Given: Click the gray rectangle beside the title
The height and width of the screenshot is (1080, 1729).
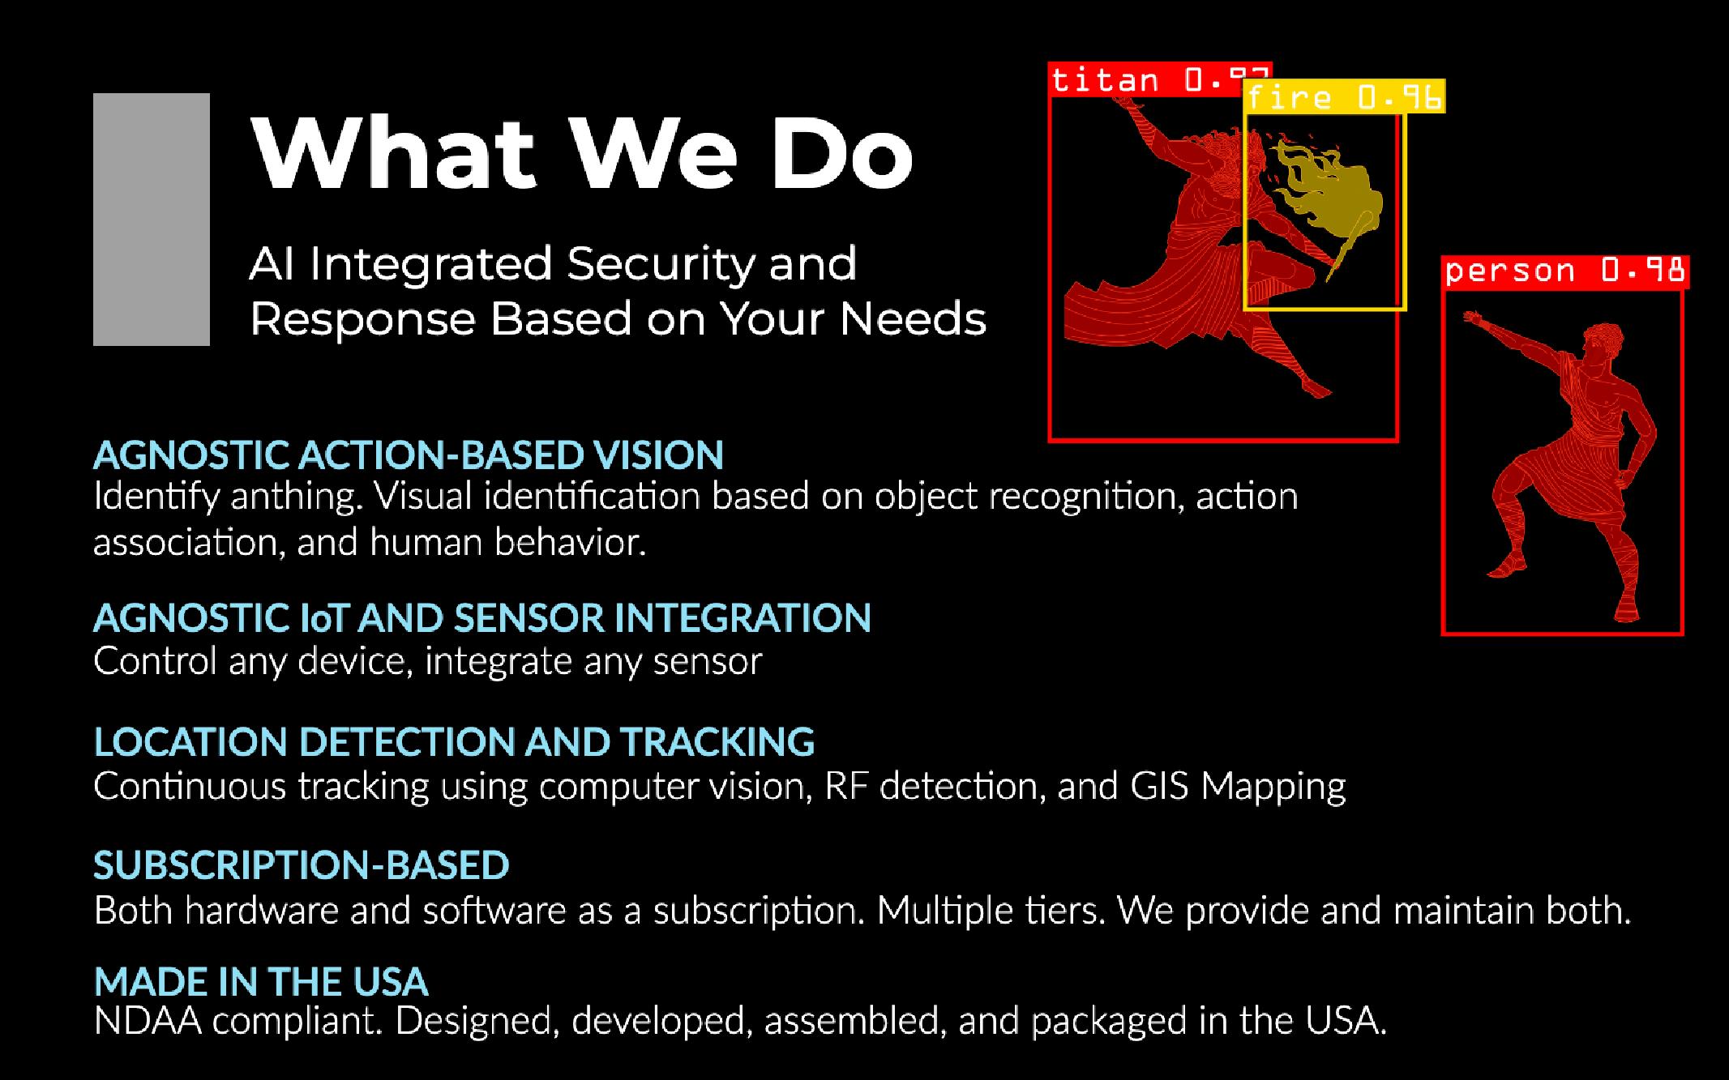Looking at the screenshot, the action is tap(152, 220).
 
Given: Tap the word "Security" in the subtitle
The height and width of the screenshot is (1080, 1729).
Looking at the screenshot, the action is tap(660, 265).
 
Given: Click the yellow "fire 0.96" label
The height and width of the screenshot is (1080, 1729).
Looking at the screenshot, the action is tap(1344, 97).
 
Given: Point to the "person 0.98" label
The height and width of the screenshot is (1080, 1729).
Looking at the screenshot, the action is tap(1565, 271).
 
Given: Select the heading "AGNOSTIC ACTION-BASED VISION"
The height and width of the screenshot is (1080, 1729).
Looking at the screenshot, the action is tap(409, 455).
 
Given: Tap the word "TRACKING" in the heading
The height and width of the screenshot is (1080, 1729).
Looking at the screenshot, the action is tap(717, 742).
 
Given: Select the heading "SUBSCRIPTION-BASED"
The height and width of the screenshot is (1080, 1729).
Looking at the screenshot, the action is tap(302, 865).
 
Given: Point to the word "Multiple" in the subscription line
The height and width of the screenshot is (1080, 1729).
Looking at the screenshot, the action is tap(945, 911).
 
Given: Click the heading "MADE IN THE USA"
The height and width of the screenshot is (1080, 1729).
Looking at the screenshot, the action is tap(261, 982).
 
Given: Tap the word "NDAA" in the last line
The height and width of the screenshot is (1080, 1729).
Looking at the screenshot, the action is tap(148, 1021).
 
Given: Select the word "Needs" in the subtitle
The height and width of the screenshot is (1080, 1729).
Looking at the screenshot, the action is tap(914, 319).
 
